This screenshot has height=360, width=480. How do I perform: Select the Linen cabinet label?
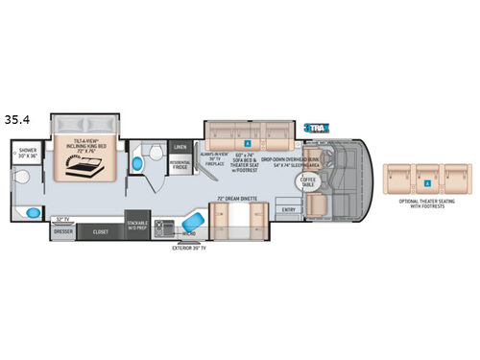[x=180, y=148]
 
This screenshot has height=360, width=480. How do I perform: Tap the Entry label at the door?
[x=288, y=208]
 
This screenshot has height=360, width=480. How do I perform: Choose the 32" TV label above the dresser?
[x=65, y=220]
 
